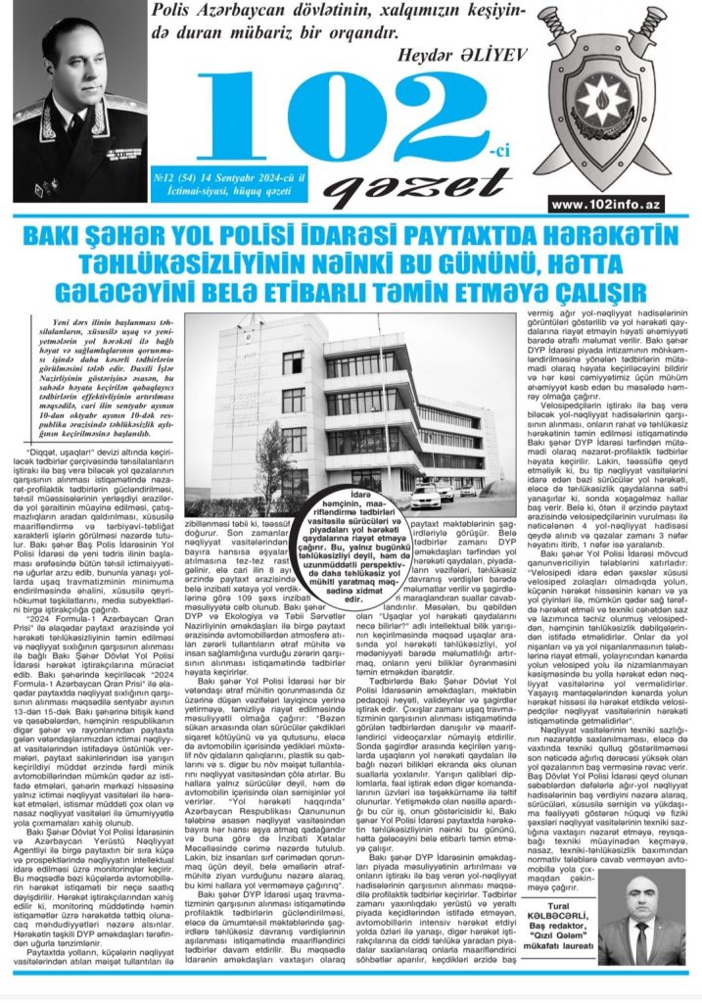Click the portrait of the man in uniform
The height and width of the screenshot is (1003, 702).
pyautogui.click(x=73, y=103)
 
